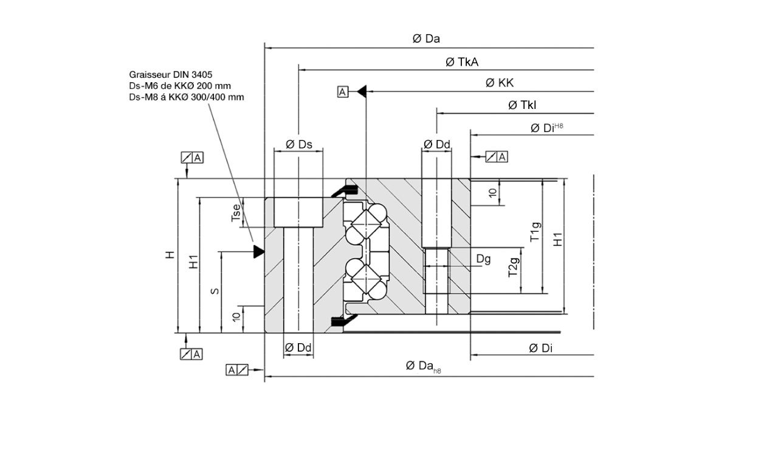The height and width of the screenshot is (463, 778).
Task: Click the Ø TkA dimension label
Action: click(x=461, y=61)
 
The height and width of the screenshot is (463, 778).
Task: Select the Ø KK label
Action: click(x=500, y=83)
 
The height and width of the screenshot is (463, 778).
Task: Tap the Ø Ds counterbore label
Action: click(x=298, y=144)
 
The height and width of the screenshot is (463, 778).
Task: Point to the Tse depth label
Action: click(x=236, y=212)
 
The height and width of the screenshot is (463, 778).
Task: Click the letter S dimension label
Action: click(x=215, y=291)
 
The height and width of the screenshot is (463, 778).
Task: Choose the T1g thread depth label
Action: click(x=535, y=232)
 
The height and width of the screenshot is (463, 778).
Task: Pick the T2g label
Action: click(x=514, y=268)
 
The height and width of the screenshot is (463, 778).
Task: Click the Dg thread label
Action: click(x=483, y=259)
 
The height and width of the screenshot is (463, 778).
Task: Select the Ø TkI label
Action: click(x=522, y=105)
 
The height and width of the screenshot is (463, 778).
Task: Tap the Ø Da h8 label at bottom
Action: click(x=422, y=366)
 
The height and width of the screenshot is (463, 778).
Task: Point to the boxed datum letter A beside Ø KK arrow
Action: click(x=343, y=92)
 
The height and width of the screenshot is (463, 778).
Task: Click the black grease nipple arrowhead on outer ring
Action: click(x=259, y=250)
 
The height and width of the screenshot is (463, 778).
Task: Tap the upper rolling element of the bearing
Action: click(x=365, y=223)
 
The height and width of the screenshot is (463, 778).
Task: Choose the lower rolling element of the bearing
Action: click(x=365, y=279)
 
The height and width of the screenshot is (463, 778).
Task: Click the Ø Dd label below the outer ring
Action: click(x=298, y=347)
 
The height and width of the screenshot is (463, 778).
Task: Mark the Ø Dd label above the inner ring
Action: click(x=437, y=144)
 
